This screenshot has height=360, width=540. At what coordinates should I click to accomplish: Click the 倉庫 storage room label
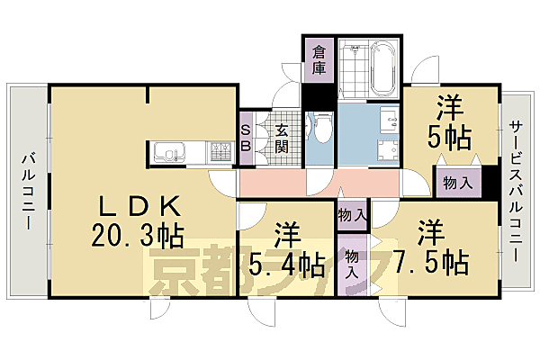(319, 60)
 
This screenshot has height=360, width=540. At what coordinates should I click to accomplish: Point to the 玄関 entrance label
(282, 138)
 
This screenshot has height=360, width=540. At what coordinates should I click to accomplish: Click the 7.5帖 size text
(430, 261)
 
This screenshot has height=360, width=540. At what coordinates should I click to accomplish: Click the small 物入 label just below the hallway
(352, 215)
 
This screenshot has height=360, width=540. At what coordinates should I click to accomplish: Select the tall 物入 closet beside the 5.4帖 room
(353, 264)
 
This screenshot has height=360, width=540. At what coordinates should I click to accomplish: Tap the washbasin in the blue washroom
(388, 117)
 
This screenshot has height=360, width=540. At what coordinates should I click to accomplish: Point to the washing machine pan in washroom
(389, 149)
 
